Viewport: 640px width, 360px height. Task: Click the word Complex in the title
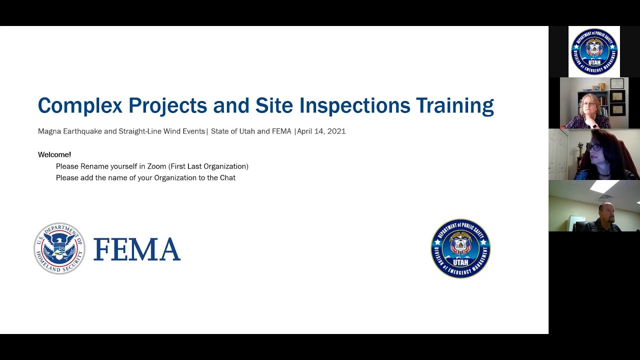pyautogui.click(x=80, y=106)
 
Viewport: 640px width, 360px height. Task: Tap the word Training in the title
pyautogui.click(x=455, y=106)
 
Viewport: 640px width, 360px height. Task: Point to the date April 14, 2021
pyautogui.click(x=321, y=131)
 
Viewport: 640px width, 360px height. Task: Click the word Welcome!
pyautogui.click(x=54, y=155)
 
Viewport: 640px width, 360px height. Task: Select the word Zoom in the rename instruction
pyautogui.click(x=156, y=166)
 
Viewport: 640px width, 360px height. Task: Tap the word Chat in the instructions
pyautogui.click(x=227, y=178)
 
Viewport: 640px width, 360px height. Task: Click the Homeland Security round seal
pyautogui.click(x=59, y=248)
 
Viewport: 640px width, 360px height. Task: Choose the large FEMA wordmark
pyautogui.click(x=136, y=249)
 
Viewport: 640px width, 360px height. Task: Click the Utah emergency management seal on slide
pyautogui.click(x=460, y=248)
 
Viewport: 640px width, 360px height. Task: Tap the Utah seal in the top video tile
pyautogui.click(x=594, y=52)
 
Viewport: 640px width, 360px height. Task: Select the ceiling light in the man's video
pyautogui.click(x=604, y=186)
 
